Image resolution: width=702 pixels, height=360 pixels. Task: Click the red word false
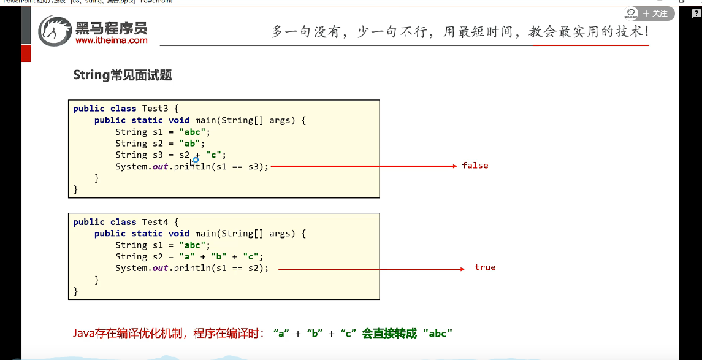[x=475, y=166]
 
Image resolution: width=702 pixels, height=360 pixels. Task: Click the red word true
[x=485, y=267]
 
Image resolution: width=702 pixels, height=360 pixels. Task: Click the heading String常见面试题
[x=122, y=75]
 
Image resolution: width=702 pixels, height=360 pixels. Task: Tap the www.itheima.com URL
[x=112, y=40]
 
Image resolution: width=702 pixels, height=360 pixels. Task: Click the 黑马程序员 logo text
[x=112, y=28]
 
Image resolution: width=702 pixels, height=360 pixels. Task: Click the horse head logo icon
[x=55, y=31]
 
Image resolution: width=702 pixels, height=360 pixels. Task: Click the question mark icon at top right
[x=695, y=14]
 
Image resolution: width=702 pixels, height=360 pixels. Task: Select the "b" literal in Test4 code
[x=218, y=256]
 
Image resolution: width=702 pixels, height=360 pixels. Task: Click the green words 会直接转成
[x=389, y=334]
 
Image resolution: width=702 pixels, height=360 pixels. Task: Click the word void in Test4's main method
[x=179, y=234]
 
